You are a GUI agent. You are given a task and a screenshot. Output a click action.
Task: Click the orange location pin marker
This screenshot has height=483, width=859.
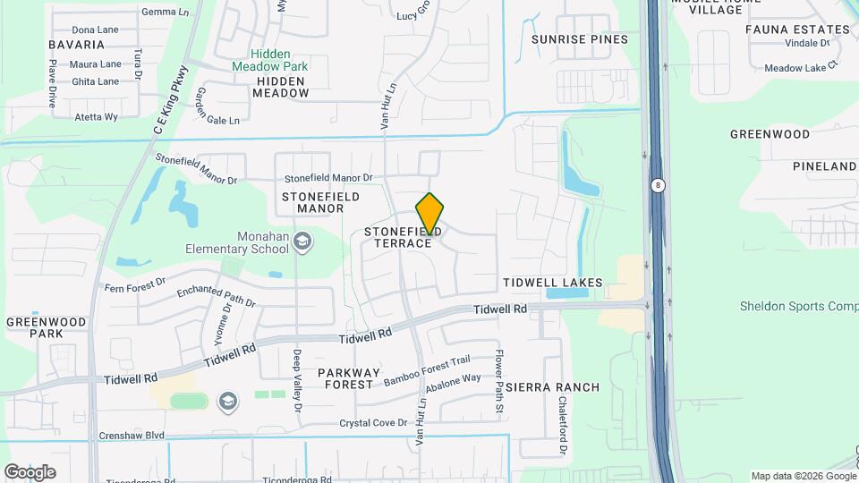tap(430, 215)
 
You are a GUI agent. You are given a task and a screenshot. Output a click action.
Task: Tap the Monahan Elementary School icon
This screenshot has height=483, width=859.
tap(302, 241)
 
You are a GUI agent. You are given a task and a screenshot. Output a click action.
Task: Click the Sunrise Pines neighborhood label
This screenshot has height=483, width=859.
tap(580, 39)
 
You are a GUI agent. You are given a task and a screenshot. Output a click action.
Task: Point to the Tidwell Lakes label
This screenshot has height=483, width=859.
tap(552, 283)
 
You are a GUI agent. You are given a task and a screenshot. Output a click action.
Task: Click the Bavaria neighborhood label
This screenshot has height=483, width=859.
tap(77, 44)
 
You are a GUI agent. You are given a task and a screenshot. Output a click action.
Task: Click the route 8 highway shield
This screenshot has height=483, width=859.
tap(658, 185)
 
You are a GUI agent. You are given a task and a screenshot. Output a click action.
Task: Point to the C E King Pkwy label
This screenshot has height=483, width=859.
tap(170, 100)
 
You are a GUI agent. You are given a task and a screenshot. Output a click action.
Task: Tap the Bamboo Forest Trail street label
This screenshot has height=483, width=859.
tap(427, 371)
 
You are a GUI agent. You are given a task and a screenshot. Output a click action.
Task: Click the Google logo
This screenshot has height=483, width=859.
tap(30, 471)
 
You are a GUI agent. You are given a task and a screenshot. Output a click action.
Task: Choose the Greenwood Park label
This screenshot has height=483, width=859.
tap(47, 327)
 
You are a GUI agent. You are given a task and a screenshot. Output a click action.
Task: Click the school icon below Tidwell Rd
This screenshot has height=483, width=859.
tap(227, 401)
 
